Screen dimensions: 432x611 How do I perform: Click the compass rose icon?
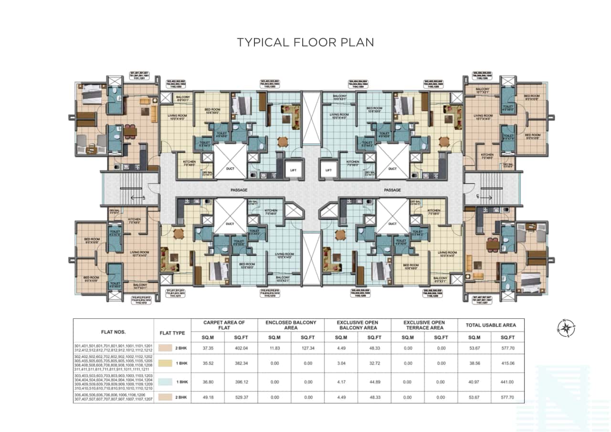pyautogui.click(x=566, y=328)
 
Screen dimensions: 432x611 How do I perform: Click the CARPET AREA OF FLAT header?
pyautogui.click(x=224, y=325)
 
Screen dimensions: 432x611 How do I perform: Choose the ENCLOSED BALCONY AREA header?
pyautogui.click(x=290, y=325)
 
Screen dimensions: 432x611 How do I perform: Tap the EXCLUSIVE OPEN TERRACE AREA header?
pyautogui.click(x=424, y=325)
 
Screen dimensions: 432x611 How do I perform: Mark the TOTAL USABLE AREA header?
pyautogui.click(x=491, y=325)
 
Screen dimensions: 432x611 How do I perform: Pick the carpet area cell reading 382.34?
pyautogui.click(x=241, y=363)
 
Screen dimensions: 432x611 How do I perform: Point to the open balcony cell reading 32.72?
pyautogui.click(x=374, y=363)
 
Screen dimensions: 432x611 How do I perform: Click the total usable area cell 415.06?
pyautogui.click(x=507, y=363)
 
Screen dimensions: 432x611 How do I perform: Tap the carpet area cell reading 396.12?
pyautogui.click(x=241, y=382)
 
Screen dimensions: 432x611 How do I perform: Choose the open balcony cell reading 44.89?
pyautogui.click(x=374, y=382)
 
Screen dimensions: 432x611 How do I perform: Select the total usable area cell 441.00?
pyautogui.click(x=507, y=382)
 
